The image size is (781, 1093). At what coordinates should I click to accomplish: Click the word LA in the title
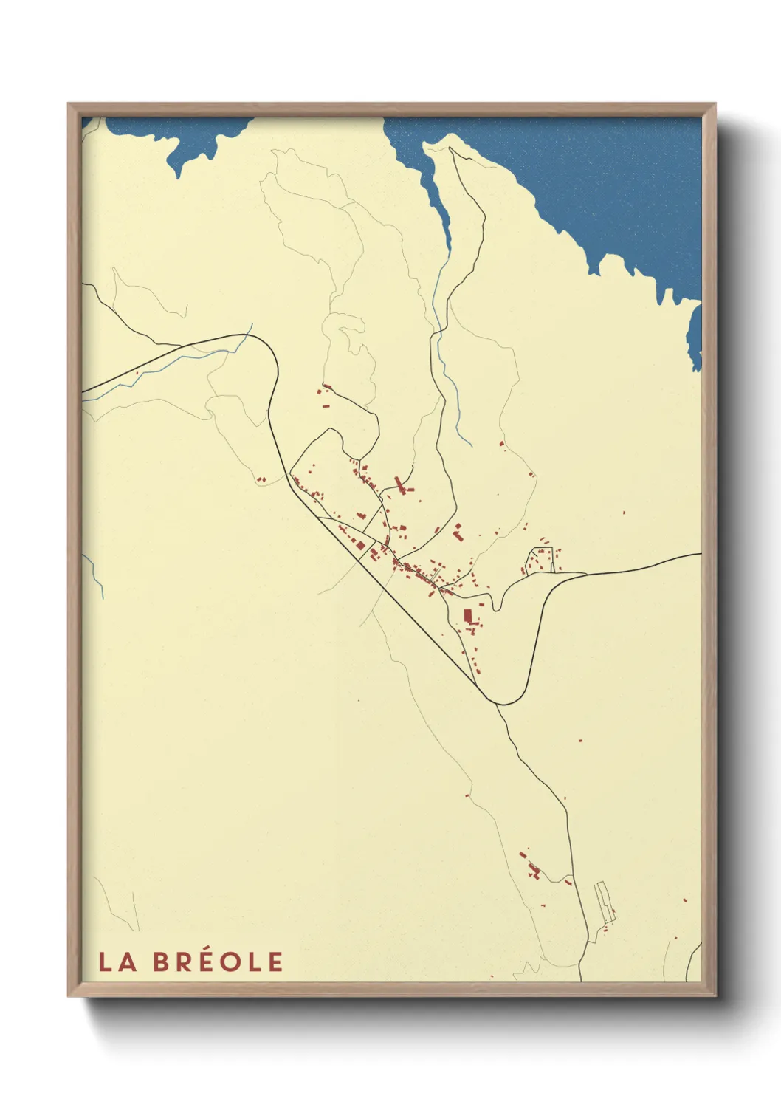coord(117,962)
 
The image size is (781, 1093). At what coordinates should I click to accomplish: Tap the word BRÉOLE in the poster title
coord(219,962)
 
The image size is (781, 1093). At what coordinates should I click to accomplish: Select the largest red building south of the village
coord(467,615)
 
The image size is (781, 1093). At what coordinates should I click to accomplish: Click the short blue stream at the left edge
coord(94,576)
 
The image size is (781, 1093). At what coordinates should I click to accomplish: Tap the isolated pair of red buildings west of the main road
coord(261,480)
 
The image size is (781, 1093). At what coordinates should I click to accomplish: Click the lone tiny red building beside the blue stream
coord(137,373)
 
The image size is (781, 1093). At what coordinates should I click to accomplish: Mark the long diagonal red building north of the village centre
coord(401,484)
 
